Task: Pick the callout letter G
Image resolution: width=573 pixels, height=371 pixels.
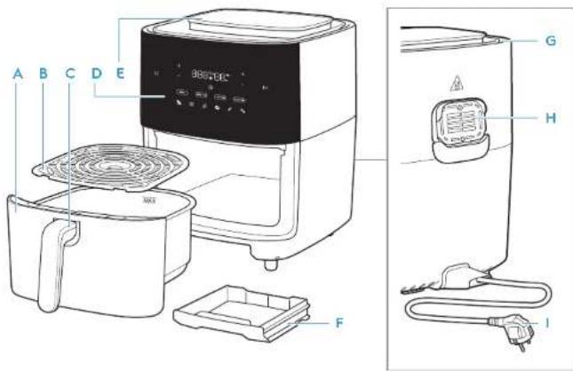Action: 552,40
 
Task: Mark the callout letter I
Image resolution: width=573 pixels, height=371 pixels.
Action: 549,324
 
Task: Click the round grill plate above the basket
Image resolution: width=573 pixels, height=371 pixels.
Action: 111,169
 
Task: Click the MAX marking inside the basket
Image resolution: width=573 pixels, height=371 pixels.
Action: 148,200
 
